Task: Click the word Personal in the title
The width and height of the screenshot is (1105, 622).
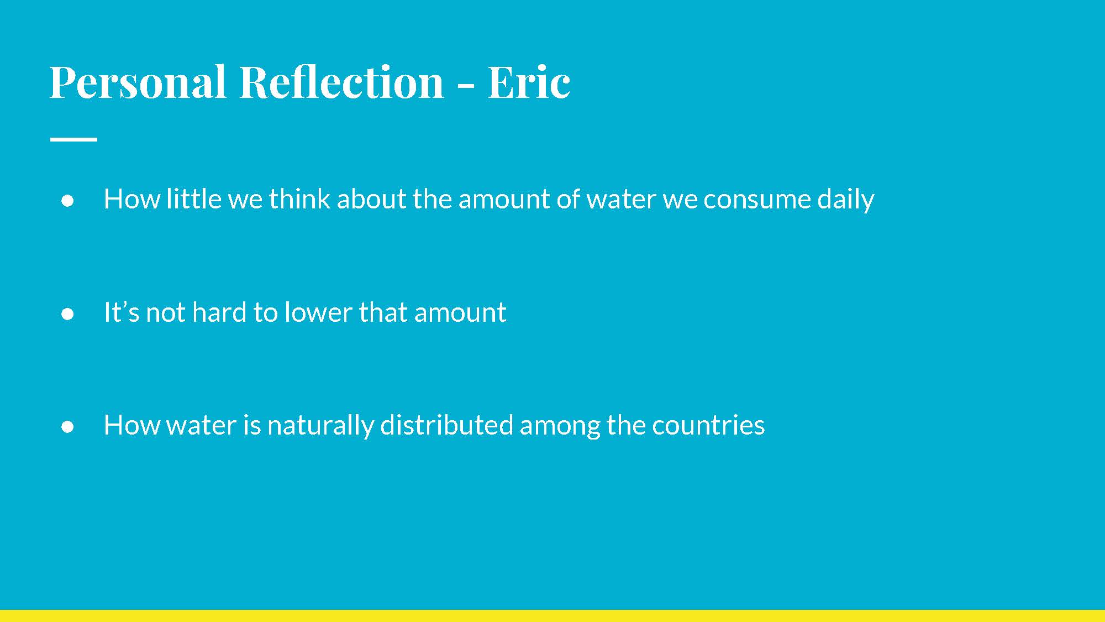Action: pos(138,82)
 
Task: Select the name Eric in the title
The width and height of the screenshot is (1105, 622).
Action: pos(529,82)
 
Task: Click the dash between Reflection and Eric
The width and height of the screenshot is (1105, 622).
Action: pos(466,86)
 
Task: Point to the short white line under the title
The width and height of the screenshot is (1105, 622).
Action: pos(73,139)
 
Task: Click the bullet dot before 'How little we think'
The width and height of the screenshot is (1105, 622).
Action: pos(68,201)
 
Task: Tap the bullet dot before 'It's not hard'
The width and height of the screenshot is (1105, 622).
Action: pos(68,314)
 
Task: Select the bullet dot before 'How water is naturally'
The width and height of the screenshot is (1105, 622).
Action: pos(68,427)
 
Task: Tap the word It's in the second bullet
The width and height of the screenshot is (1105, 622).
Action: pos(122,312)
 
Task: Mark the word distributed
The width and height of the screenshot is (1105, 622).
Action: pos(446,425)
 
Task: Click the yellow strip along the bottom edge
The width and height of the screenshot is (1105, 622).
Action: pos(552,616)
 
